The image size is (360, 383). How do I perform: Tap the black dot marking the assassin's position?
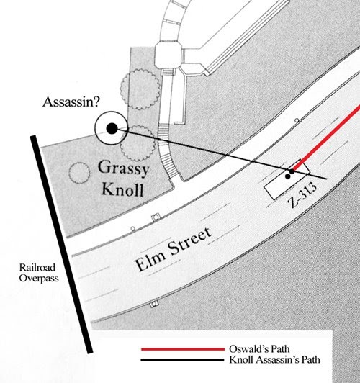111,128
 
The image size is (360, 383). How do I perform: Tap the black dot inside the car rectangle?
289,175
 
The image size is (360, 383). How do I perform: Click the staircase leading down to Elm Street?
169,155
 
